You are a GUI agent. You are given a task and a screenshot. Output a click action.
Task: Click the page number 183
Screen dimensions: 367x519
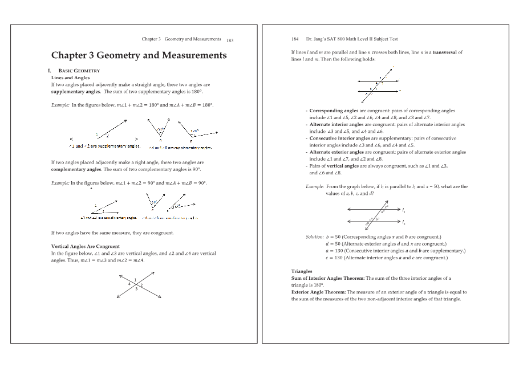[230, 41]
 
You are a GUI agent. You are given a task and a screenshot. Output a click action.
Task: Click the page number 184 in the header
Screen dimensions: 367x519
[295, 39]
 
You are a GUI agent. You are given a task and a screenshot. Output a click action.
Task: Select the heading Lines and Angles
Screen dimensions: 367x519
[71, 78]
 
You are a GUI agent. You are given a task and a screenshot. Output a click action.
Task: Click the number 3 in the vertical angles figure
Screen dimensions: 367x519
[136, 289]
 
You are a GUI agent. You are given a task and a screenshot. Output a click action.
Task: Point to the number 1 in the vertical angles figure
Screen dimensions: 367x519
[135, 278]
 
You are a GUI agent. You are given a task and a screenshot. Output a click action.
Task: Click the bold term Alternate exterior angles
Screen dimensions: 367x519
[336, 152]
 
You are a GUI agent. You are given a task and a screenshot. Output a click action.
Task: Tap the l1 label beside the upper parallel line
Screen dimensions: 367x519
[404, 210]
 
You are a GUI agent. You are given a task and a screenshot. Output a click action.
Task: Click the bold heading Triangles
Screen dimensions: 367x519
[302, 272]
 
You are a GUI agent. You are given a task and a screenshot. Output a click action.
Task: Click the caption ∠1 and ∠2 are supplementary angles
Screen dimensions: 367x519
[104, 146]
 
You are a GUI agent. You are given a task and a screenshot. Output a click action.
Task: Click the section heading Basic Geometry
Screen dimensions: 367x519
[76, 71]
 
